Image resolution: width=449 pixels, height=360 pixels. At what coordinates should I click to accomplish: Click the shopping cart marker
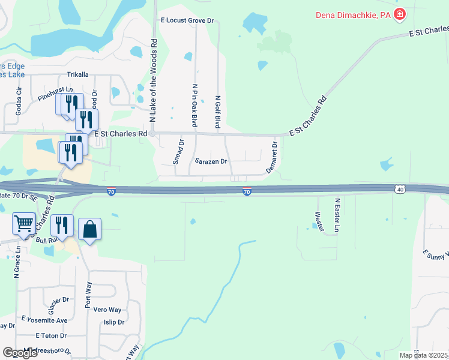click(x=23, y=224)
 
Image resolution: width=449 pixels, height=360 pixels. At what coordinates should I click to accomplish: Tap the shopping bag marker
click(x=89, y=229)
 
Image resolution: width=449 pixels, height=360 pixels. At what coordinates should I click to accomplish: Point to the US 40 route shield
click(x=400, y=189)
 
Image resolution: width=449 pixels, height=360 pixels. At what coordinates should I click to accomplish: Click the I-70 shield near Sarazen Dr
click(x=247, y=191)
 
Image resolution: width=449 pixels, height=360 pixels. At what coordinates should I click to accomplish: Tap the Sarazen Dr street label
click(x=211, y=161)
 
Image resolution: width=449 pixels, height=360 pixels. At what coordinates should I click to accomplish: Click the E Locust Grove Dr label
click(x=187, y=20)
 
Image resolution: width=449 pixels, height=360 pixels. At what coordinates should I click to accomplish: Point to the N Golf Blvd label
click(x=218, y=112)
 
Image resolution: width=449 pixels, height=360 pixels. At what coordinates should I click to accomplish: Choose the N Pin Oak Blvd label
click(x=194, y=106)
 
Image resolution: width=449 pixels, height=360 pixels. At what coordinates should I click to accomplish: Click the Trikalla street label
click(x=77, y=75)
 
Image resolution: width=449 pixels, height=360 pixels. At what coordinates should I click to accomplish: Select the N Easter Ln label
click(x=337, y=215)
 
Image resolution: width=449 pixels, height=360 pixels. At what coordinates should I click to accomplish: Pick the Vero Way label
click(x=107, y=310)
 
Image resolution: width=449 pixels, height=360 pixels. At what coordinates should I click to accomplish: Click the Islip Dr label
click(x=113, y=322)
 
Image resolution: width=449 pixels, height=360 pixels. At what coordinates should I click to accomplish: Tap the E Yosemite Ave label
click(x=44, y=320)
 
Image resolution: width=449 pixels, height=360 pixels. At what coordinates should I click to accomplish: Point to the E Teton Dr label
click(x=51, y=335)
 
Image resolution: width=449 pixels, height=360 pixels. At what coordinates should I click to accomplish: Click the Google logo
click(x=20, y=353)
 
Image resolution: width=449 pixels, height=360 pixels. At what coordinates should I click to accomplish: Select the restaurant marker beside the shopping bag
click(x=62, y=226)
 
